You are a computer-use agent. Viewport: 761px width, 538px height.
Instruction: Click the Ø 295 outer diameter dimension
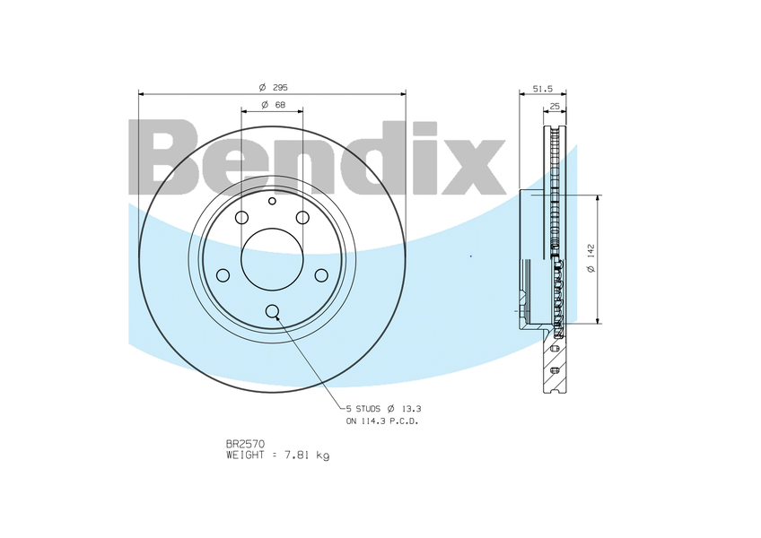pyautogui.click(x=273, y=87)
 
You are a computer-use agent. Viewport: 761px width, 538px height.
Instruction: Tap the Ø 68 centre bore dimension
pyautogui.click(x=273, y=105)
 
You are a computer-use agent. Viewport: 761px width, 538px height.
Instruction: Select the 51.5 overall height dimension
pyautogui.click(x=543, y=89)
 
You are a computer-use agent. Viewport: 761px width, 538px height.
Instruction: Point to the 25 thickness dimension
pyautogui.click(x=555, y=106)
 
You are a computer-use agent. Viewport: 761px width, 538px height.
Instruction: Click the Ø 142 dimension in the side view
pyautogui.click(x=591, y=258)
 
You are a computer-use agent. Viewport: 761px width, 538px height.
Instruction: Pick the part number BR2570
pyautogui.click(x=245, y=443)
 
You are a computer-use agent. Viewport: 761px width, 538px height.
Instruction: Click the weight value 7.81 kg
pyautogui.click(x=306, y=455)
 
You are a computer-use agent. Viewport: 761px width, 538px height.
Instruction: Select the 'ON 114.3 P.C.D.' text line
pyautogui.click(x=382, y=421)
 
